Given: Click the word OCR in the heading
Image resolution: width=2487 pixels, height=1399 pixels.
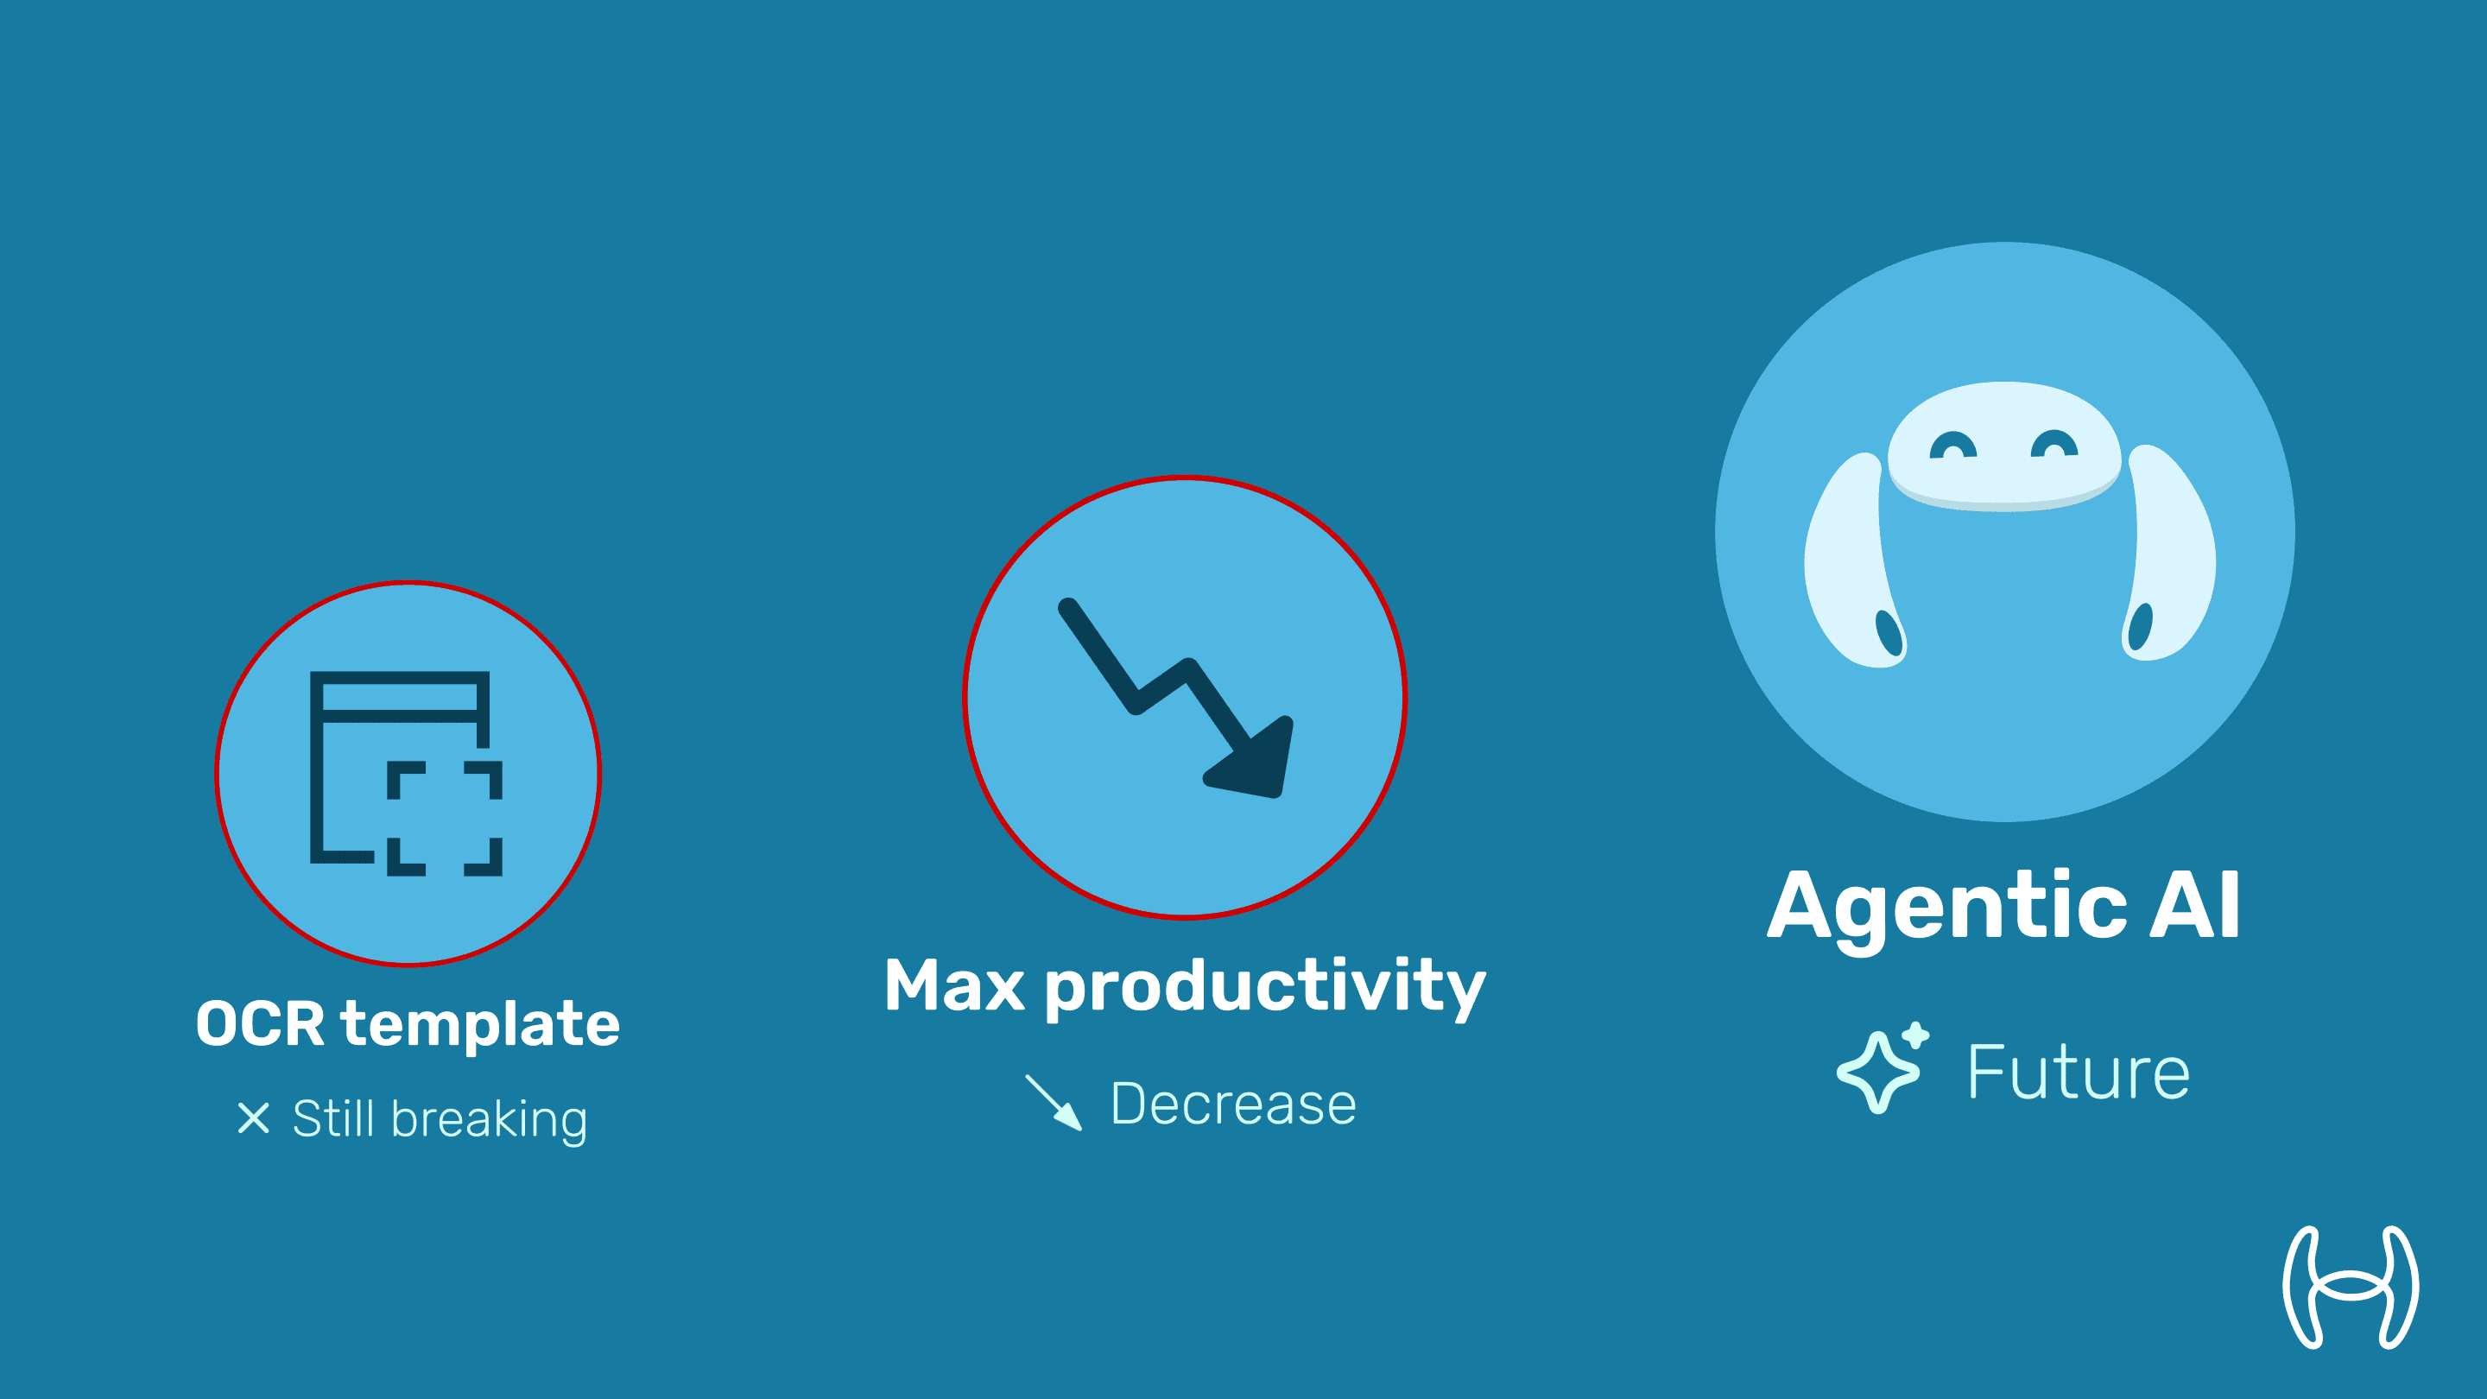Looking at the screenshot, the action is [x=260, y=1023].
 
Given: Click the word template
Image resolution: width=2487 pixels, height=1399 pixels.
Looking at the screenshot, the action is [x=480, y=1025].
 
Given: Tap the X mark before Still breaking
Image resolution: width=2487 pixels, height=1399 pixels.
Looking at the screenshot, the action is [x=253, y=1118].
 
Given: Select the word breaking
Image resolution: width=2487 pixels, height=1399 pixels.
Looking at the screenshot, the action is [x=490, y=1120].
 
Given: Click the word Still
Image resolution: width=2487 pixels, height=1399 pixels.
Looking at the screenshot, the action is [x=333, y=1118].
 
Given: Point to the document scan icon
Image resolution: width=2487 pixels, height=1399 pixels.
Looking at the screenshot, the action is [x=406, y=774].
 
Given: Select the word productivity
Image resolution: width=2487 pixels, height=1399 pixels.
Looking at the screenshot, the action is [x=1265, y=988].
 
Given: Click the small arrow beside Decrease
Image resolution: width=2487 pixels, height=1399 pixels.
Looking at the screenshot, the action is [x=1054, y=1102].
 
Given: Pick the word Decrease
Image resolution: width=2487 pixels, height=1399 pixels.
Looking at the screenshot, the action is [x=1233, y=1104].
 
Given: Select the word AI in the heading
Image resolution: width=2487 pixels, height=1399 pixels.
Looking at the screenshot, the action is [x=2194, y=905].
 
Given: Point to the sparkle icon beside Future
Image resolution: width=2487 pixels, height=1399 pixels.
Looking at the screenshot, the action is [x=1882, y=1068].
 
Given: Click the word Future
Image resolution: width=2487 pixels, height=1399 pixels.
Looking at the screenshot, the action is [x=2079, y=1072].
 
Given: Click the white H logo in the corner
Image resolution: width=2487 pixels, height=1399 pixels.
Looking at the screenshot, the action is [x=2351, y=1287].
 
